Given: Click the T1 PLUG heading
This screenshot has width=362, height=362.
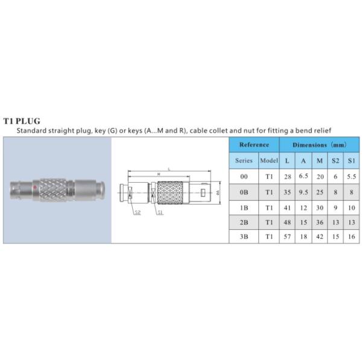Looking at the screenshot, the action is pyautogui.click(x=22, y=121).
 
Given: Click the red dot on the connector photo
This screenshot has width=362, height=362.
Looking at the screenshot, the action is pyautogui.click(x=35, y=187).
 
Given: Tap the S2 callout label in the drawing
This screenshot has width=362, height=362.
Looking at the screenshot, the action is pyautogui.click(x=138, y=212).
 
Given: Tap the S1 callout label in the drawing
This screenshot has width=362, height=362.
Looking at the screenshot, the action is pyautogui.click(x=160, y=212).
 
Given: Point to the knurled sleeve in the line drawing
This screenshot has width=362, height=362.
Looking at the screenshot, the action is pyautogui.click(x=170, y=192).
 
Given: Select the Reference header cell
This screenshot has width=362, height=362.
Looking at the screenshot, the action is pyautogui.click(x=254, y=145).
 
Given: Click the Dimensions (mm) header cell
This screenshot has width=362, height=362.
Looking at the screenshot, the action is pyautogui.click(x=319, y=145).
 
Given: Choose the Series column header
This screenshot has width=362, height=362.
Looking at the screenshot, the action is pyautogui.click(x=244, y=160).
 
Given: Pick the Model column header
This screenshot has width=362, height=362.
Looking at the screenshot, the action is pyautogui.click(x=269, y=160).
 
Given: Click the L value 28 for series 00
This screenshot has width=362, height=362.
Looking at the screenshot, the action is pyautogui.click(x=287, y=177).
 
